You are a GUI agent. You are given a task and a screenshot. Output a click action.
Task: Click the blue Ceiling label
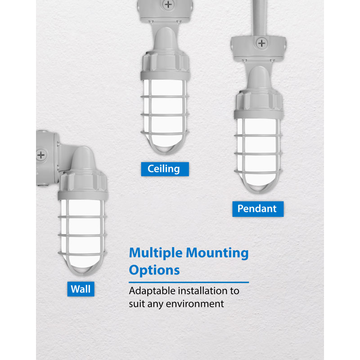[165, 169]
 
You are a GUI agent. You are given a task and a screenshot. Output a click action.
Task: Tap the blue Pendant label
[258, 209]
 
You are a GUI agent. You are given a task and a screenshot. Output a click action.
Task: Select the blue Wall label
[81, 289]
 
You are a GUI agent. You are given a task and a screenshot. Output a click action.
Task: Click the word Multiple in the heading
[156, 253]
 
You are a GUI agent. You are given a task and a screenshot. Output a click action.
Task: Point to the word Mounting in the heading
[217, 253]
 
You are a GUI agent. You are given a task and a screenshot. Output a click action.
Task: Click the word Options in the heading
[154, 270]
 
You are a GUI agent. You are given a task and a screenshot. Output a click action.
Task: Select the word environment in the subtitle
[195, 304]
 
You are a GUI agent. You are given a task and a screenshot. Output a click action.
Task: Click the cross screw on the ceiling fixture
[168, 4]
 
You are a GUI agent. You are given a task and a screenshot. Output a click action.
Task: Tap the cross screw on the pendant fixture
[261, 43]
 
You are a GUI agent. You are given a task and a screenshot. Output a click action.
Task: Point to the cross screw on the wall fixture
[41, 155]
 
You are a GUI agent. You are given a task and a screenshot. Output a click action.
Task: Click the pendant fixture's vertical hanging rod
[260, 18]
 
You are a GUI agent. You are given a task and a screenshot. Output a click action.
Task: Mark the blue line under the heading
[189, 282]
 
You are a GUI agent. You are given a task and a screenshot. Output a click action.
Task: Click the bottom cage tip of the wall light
[83, 274]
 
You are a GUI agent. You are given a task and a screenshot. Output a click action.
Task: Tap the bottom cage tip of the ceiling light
[165, 153]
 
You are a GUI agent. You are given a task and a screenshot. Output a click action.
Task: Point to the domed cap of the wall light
[83, 158]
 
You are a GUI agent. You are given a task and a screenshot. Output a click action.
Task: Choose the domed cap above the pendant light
[259, 77]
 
